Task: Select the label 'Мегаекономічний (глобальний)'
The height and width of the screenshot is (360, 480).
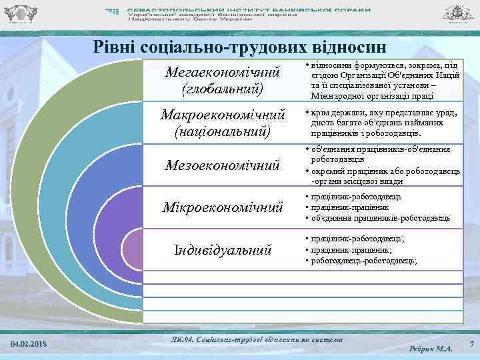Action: click(x=223, y=79)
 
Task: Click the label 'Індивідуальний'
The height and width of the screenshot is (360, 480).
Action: click(x=223, y=251)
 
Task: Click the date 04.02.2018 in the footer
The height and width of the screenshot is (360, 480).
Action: click(x=29, y=343)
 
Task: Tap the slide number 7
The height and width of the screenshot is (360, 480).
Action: click(x=471, y=343)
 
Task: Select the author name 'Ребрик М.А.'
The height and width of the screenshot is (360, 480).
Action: click(x=431, y=348)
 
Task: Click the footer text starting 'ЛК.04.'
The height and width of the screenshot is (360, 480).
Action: click(x=257, y=339)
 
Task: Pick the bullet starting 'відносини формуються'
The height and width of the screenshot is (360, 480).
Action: click(x=380, y=71)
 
